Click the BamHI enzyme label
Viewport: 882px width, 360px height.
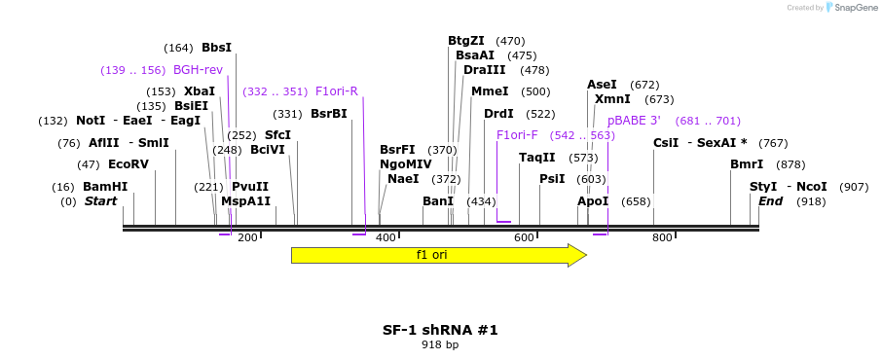pyautogui.click(x=105, y=187)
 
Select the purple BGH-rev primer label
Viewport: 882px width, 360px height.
pyautogui.click(x=198, y=70)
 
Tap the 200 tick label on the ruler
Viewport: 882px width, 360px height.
pyautogui.click(x=247, y=238)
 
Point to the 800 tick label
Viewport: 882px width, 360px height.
pyautogui.click(x=662, y=238)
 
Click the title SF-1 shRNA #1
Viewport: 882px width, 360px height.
pyautogui.click(x=440, y=330)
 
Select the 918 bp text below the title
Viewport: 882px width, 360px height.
pyautogui.click(x=440, y=345)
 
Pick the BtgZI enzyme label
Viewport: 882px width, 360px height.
pyautogui.click(x=466, y=41)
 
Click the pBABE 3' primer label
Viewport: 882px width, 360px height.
pyautogui.click(x=635, y=121)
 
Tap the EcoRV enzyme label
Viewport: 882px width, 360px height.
pyautogui.click(x=129, y=164)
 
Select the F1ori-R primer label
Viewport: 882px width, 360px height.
pyautogui.click(x=337, y=91)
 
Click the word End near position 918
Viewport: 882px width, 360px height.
pyautogui.click(x=771, y=201)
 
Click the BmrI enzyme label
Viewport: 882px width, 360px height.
pyautogui.click(x=747, y=164)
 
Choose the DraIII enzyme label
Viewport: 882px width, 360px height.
pyautogui.click(x=485, y=70)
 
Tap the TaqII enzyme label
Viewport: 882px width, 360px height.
pyautogui.click(x=537, y=158)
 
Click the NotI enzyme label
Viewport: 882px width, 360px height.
pyautogui.click(x=91, y=121)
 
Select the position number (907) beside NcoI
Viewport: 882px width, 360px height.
pyautogui.click(x=853, y=187)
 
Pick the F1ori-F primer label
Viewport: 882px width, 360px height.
pyautogui.click(x=517, y=135)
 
